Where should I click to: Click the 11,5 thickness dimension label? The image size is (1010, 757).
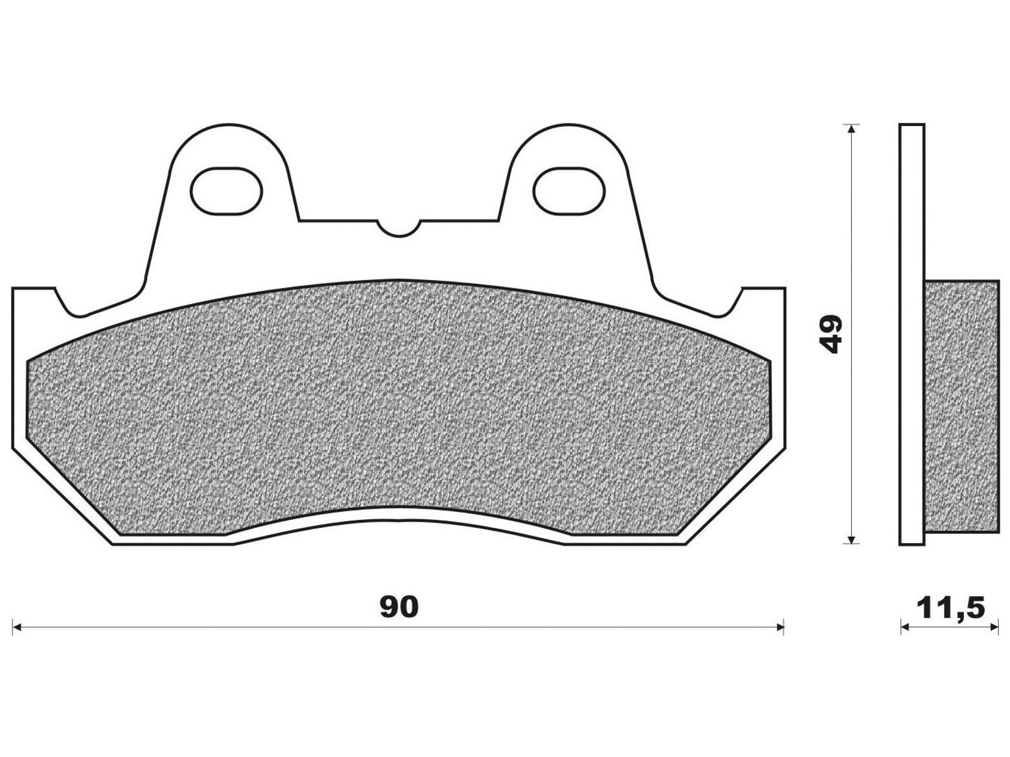(x=951, y=609)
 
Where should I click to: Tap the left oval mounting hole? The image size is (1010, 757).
(x=227, y=191)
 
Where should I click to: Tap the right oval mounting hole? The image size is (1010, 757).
(x=569, y=191)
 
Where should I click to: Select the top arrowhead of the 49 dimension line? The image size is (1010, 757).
(x=852, y=129)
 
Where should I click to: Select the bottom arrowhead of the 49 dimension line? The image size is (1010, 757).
(x=852, y=551)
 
